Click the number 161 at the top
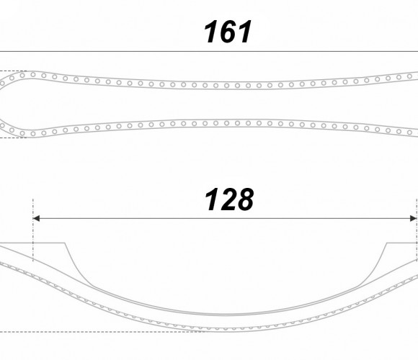[x=228, y=32]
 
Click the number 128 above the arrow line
[x=228, y=199]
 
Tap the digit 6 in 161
[x=228, y=32]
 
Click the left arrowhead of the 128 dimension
[x=36, y=218]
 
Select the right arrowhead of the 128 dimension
[x=413, y=218]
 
